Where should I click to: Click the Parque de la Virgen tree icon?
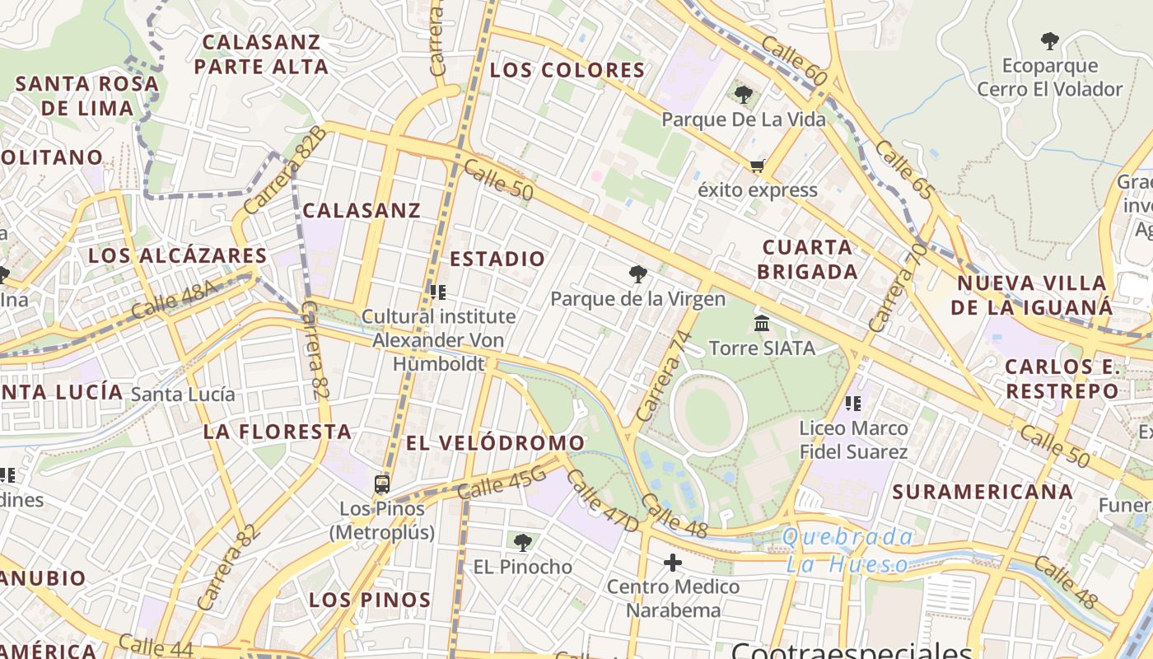click(x=637, y=274)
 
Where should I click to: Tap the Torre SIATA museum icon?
click(x=762, y=323)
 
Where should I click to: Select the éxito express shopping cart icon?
click(x=757, y=166)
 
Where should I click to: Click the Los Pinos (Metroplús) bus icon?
click(x=381, y=484)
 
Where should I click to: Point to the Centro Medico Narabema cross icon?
click(x=673, y=563)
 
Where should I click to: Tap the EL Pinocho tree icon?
click(x=522, y=542)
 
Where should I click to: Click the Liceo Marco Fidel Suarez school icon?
click(x=853, y=404)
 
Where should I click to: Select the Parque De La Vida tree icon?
click(x=743, y=95)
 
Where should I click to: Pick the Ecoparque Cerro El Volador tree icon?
click(x=1049, y=40)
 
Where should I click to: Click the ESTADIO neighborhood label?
click(x=497, y=259)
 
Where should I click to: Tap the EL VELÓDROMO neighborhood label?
click(x=495, y=443)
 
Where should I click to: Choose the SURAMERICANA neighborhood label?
click(x=983, y=492)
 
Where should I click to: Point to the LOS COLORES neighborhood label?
click(x=567, y=70)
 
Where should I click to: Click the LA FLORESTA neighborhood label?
click(x=278, y=432)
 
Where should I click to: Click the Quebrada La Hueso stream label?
click(x=847, y=550)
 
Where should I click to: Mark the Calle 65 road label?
click(x=904, y=170)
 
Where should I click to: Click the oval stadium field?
click(x=708, y=413)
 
